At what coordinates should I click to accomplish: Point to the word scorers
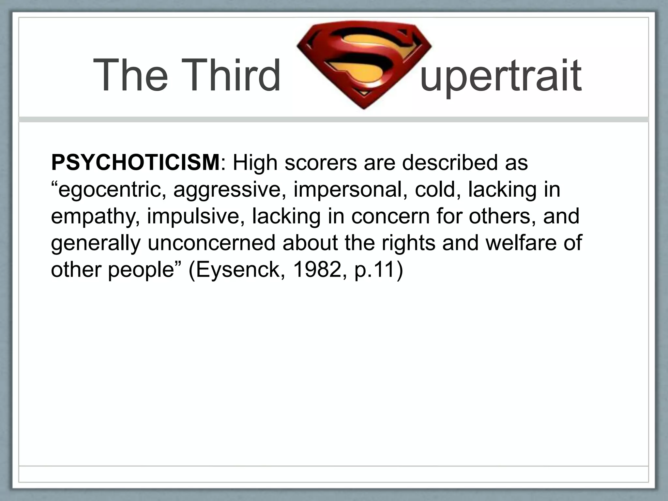pos(321,162)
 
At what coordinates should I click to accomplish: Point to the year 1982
pos(318,270)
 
